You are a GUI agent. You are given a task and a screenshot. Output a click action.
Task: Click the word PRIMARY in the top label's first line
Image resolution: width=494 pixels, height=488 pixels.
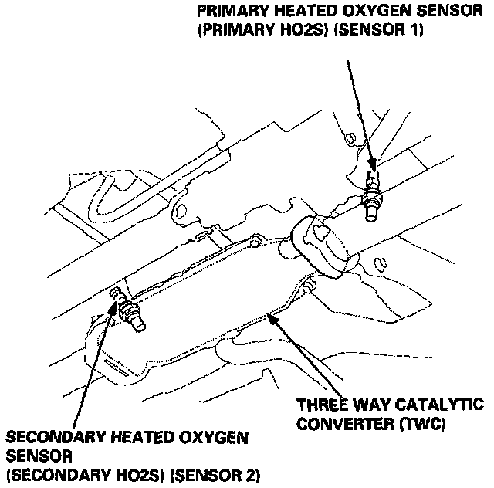pos(230,12)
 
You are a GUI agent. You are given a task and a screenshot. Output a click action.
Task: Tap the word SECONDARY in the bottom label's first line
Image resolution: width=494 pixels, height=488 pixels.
pos(49,438)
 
